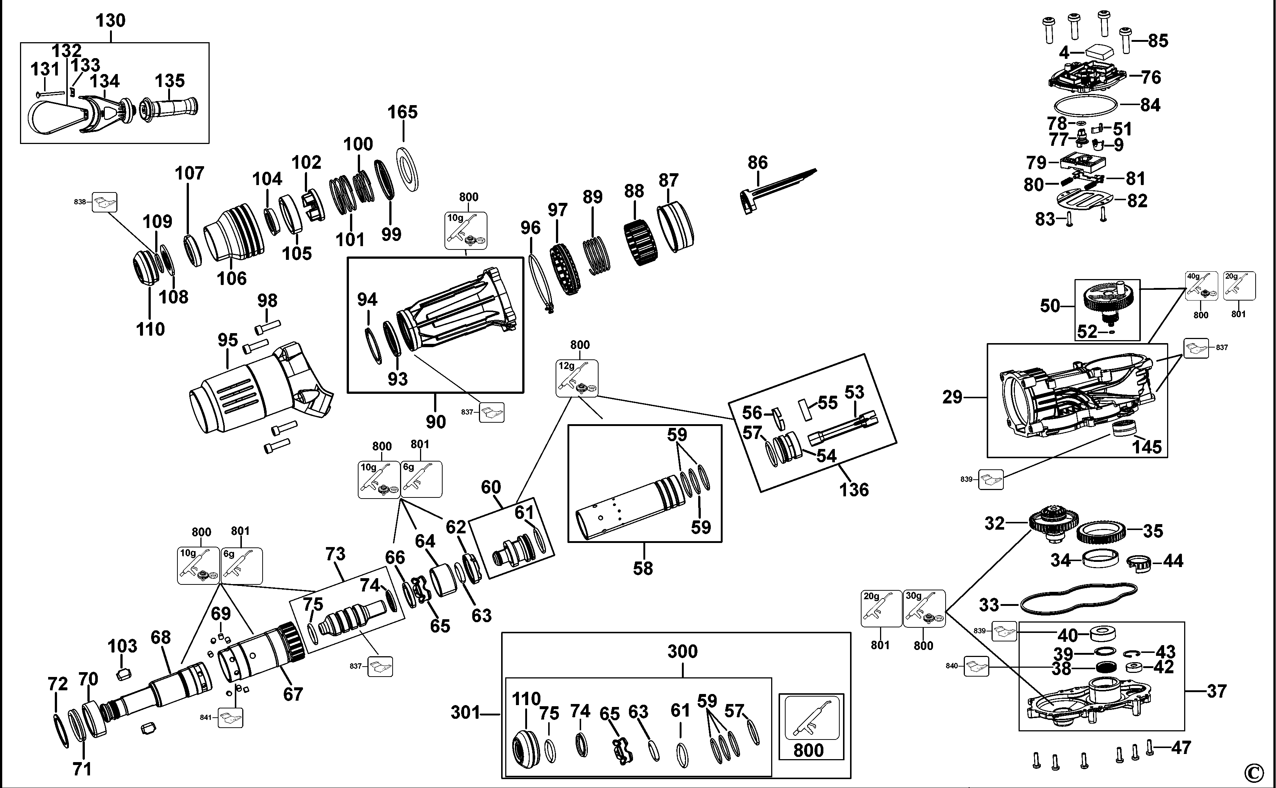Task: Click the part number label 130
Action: point(110,21)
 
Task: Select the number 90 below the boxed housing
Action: point(436,422)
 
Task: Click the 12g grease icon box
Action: point(577,378)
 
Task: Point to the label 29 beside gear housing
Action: point(952,398)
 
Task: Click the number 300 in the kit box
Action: point(682,651)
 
